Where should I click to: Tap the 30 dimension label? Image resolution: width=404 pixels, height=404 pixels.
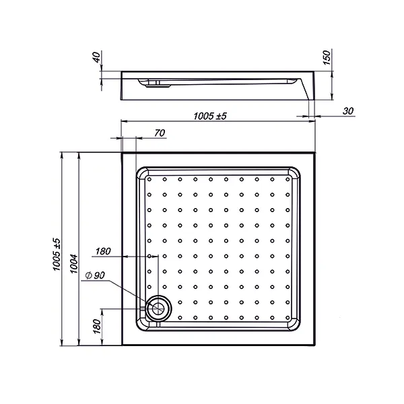tap(348, 111)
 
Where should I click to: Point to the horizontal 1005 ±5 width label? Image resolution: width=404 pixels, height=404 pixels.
tap(210, 116)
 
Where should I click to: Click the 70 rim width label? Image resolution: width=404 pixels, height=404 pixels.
tap(160, 133)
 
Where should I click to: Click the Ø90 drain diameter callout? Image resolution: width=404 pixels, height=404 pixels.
tap(94, 275)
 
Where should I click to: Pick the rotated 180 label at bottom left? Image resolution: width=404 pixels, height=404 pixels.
tap(96, 329)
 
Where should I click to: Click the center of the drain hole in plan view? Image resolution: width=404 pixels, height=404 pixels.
tap(159, 308)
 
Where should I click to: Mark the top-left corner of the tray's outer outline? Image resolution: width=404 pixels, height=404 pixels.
tap(121, 152)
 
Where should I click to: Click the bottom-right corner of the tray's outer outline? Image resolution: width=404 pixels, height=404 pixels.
tap(316, 347)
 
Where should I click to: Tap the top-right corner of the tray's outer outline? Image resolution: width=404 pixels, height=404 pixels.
tap(316, 152)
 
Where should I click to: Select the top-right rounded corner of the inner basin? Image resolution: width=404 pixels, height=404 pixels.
tap(297, 172)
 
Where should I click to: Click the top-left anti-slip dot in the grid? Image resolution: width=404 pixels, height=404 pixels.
tap(149, 179)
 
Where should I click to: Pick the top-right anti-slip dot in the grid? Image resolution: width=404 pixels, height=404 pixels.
tap(288, 179)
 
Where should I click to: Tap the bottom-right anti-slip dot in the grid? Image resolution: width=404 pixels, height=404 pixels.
tap(288, 317)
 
